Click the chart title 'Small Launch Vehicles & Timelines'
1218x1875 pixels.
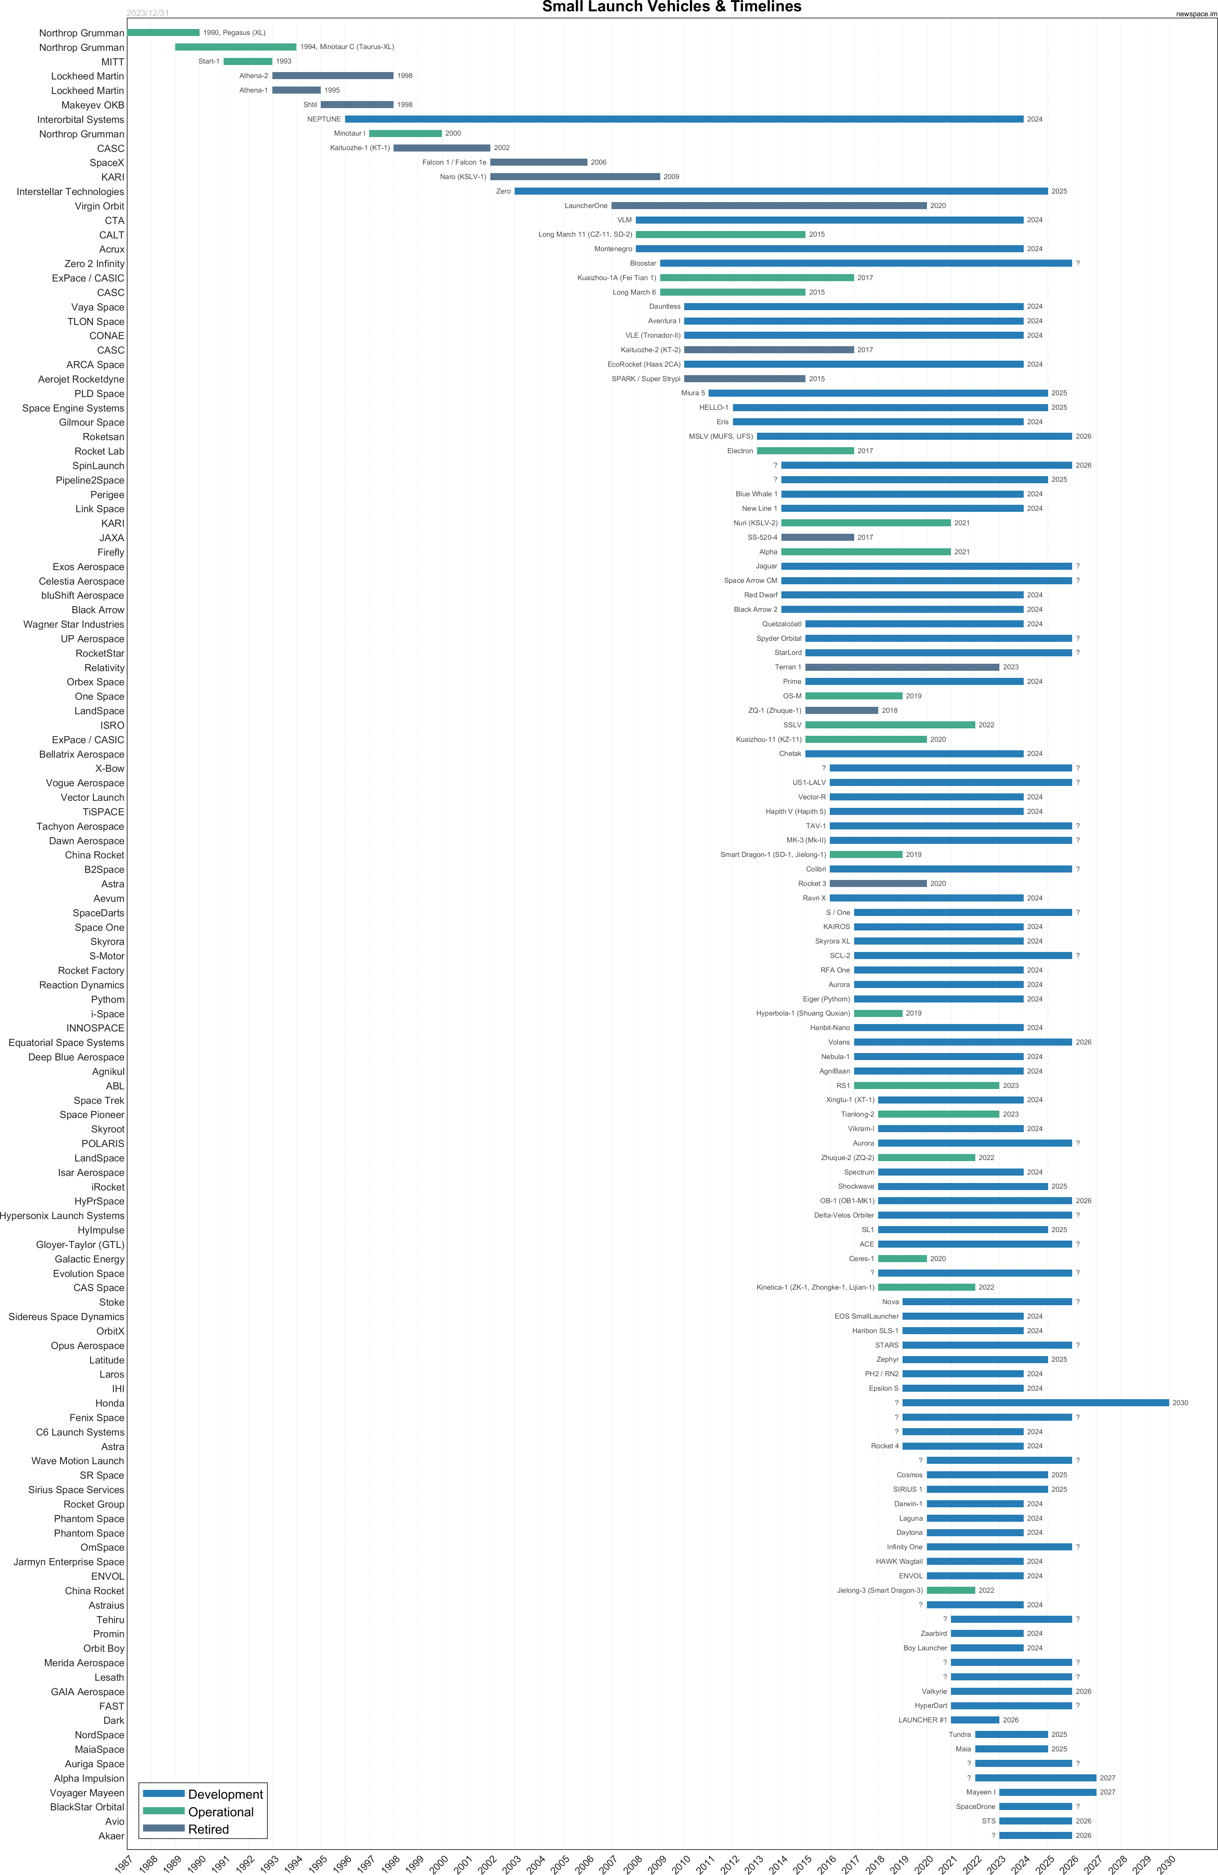coord(671,7)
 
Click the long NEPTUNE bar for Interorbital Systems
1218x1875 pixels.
coord(684,119)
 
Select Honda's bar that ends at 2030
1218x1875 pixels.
coord(1035,1402)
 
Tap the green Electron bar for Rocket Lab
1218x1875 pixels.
coord(805,451)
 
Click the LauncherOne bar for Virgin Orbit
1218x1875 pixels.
coord(769,206)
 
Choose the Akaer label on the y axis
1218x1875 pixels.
coord(111,1835)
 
